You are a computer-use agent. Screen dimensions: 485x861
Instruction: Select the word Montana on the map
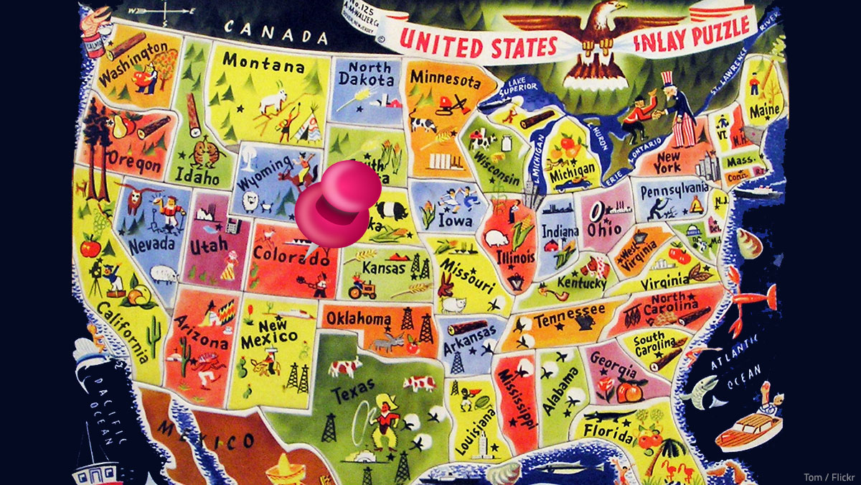(263, 65)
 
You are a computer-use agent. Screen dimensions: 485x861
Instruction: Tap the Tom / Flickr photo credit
(829, 476)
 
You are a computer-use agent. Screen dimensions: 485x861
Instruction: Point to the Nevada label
(151, 243)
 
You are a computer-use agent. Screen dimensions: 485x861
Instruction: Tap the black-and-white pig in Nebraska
(392, 210)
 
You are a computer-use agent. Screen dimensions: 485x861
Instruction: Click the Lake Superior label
(518, 87)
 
